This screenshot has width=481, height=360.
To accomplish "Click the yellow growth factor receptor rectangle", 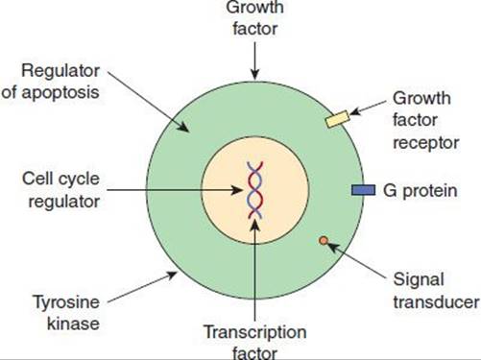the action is click(338, 119).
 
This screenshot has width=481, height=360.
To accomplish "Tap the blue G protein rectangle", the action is click(363, 190).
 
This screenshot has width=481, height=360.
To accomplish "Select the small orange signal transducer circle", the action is click(324, 240).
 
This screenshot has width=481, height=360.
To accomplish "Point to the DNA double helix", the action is click(254, 190).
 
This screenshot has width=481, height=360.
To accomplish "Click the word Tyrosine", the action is click(66, 302).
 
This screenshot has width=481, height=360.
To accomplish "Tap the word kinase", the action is click(73, 324).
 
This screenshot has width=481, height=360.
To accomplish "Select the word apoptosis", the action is click(60, 93).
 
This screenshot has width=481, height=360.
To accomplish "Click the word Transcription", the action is click(255, 332).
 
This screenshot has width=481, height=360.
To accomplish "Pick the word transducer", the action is click(436, 302).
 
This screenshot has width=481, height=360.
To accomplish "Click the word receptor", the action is click(426, 143).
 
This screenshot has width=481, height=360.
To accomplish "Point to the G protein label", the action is click(420, 191).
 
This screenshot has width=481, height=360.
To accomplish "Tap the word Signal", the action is click(419, 280).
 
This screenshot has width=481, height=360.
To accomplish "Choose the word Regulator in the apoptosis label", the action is click(60, 71).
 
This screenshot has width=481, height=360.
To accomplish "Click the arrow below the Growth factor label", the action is click(254, 60).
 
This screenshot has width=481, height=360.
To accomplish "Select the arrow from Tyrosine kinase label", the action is click(142, 287).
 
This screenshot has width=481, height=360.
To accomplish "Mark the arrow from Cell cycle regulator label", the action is click(175, 190).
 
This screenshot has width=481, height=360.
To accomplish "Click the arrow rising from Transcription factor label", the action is click(254, 270).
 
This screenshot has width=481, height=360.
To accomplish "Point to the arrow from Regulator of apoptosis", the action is click(148, 101).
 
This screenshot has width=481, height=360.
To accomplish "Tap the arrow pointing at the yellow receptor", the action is click(368, 108).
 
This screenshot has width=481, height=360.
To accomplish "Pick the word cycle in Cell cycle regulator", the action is click(80, 180).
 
